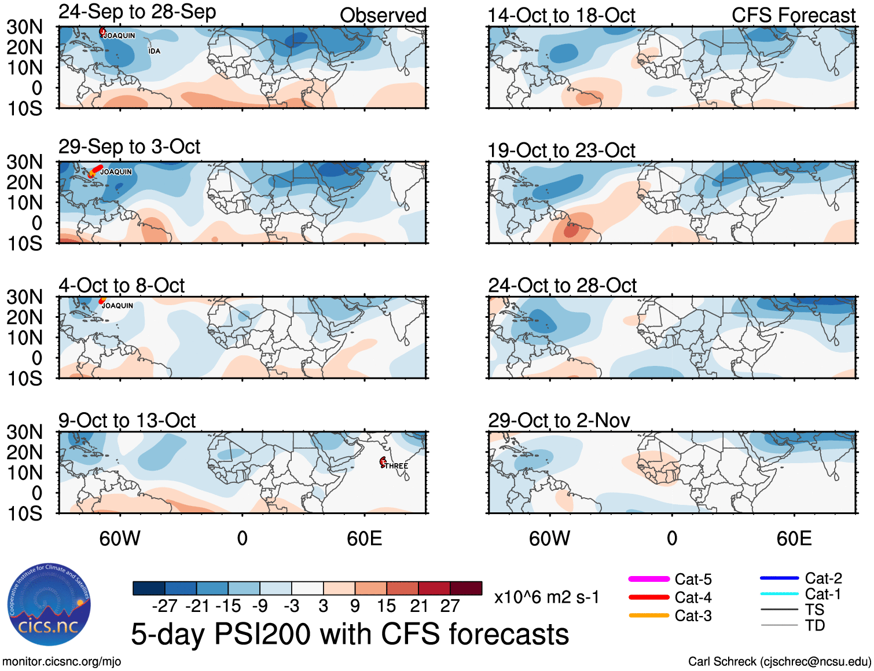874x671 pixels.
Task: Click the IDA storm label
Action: tap(155, 52)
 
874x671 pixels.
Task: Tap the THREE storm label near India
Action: tap(396, 466)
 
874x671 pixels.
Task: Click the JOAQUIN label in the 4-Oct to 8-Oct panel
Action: tap(117, 306)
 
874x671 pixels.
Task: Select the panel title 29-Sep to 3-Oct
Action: tap(129, 147)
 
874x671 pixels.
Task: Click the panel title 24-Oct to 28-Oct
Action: tap(561, 285)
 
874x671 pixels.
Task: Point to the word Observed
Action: tap(383, 16)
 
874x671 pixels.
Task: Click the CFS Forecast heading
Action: tap(793, 16)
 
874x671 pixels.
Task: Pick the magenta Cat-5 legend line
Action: tap(649, 579)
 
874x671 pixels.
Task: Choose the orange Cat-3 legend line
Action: tap(649, 615)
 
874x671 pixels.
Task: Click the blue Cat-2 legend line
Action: tap(779, 578)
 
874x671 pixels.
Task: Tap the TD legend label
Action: tap(814, 625)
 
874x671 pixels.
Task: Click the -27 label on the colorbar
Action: tap(164, 606)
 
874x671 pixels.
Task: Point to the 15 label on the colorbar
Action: tap(386, 606)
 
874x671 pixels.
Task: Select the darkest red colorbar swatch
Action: tap(466, 588)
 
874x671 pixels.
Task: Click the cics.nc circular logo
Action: tap(49, 605)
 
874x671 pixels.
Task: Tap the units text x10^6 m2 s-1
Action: tap(546, 597)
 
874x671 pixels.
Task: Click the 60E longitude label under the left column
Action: tap(364, 538)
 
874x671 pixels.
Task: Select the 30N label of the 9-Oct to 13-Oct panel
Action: tap(25, 432)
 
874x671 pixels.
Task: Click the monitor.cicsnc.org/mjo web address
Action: tap(61, 661)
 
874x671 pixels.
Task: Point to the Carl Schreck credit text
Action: tap(779, 661)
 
